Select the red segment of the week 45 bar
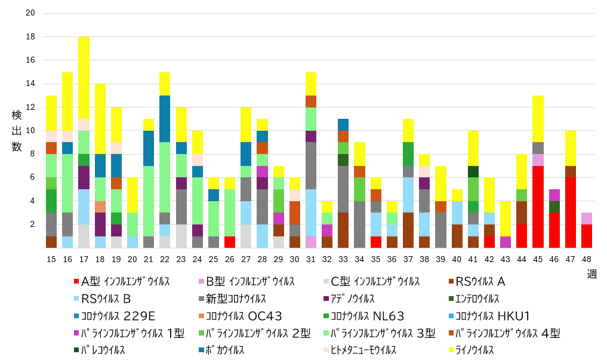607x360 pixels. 538,207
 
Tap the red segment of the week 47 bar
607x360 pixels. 571,213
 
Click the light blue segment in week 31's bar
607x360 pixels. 311,213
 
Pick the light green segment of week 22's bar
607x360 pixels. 165,177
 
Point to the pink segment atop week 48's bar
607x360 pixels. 587,219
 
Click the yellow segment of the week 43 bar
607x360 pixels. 506,219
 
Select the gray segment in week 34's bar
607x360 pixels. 360,224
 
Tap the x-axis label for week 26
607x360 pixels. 229,258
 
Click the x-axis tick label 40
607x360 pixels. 457,258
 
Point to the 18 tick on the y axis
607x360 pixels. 30,36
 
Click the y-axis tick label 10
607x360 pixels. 30,131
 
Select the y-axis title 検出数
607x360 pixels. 16,130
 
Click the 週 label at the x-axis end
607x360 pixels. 592,273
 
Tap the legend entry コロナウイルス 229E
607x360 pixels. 110,316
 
